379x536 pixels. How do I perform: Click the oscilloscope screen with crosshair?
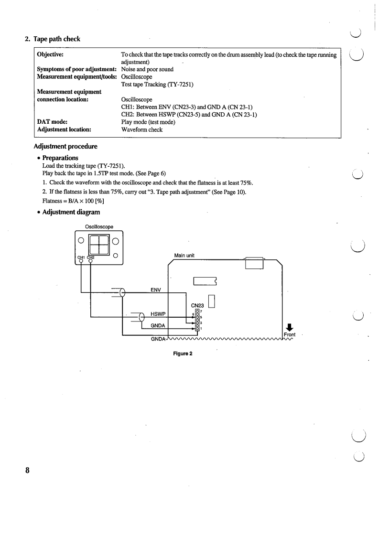tap(99, 244)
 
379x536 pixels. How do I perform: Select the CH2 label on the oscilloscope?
tap(90, 257)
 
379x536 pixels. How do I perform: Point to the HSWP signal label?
tap(158, 314)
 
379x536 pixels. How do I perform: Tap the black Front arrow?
tap(289, 327)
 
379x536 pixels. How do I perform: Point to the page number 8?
tap(28, 470)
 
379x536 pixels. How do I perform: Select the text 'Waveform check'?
tap(141, 129)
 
